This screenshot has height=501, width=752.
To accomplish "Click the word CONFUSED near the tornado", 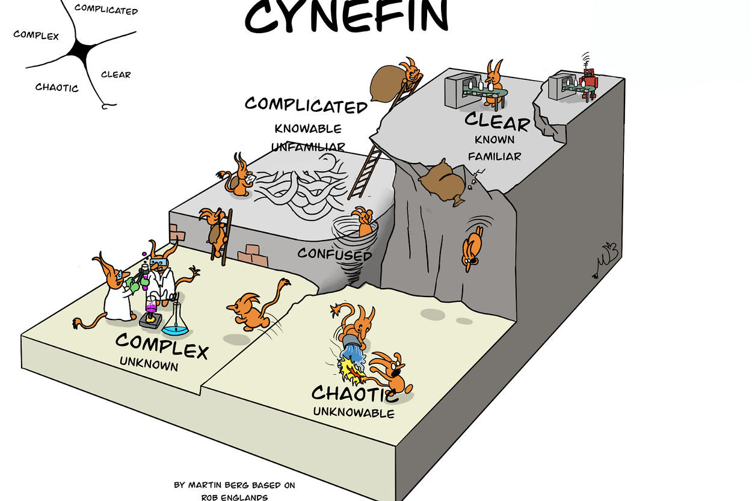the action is pos(335,255).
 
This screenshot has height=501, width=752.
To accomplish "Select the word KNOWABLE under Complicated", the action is pos(308,129).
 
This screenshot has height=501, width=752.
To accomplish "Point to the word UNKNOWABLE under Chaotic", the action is pos(354,413).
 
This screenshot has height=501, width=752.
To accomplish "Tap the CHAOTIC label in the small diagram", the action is pos(57,87).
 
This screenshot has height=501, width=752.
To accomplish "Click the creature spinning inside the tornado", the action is pos(363,221).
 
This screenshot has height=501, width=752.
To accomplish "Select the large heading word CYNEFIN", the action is pos(347,16).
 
